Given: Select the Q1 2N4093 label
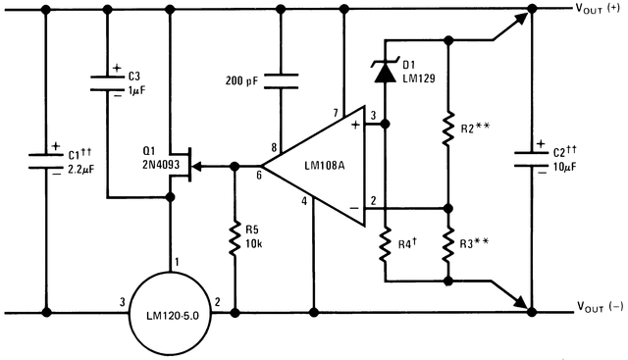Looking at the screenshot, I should point(160,158).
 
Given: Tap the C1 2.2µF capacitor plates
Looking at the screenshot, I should point(45,159).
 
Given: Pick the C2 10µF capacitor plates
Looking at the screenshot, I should point(532,159).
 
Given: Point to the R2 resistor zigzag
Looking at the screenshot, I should point(449,128).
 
